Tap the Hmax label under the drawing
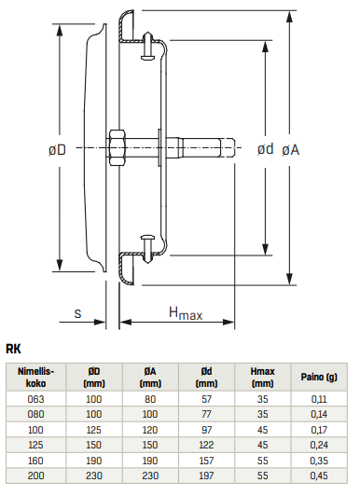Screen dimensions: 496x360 click(x=185, y=314)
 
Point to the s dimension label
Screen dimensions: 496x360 click(x=77, y=314)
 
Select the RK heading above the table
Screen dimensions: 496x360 click(x=15, y=349)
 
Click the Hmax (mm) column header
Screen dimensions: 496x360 click(x=262, y=376)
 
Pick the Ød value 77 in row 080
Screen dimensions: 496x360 click(x=206, y=413)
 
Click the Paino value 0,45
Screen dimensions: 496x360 click(x=318, y=476)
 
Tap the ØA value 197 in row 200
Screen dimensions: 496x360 click(x=150, y=476)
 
